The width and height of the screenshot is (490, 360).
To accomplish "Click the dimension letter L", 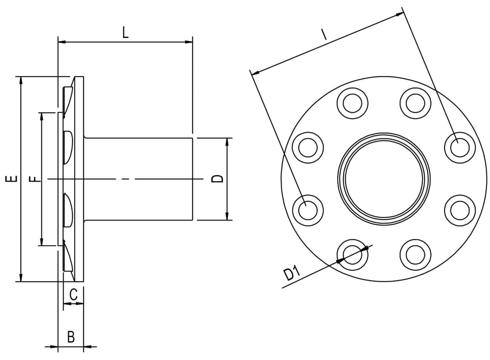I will click(125, 33).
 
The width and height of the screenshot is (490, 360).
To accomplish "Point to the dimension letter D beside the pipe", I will click(218, 179).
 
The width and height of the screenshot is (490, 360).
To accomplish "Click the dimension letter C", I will click(73, 295).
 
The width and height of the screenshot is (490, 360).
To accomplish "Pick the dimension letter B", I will click(71, 337).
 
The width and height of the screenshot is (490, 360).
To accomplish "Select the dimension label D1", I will click(292, 274).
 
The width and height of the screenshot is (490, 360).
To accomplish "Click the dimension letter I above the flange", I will click(324, 34).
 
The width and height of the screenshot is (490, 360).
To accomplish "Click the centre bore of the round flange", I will click(384, 179).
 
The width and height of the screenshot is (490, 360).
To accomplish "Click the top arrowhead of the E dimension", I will click(21, 80).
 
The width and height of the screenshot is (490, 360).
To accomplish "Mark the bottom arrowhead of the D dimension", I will click(227, 217).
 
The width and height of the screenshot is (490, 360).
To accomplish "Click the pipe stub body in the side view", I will click(139, 179).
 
